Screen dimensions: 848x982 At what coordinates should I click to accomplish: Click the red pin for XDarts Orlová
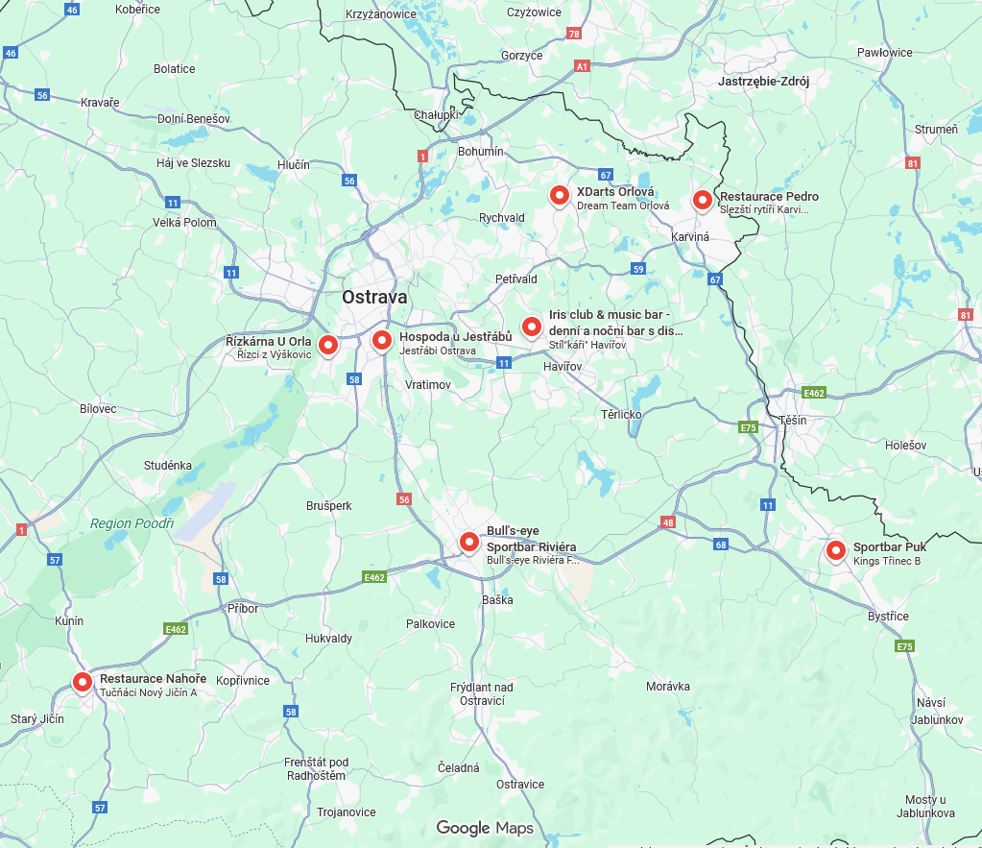(x=560, y=196)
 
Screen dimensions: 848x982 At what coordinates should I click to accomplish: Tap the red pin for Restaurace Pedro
(x=703, y=200)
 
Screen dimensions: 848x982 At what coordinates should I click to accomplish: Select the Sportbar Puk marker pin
(x=836, y=550)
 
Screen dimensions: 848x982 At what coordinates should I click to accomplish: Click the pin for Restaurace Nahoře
(x=83, y=682)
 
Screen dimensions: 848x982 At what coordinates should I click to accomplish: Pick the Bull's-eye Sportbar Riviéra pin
(x=469, y=543)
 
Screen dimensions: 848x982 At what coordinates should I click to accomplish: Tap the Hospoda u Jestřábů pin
(x=382, y=340)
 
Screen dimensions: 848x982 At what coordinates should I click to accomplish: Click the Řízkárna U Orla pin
(x=328, y=344)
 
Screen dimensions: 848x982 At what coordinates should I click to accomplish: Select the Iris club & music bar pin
(x=532, y=327)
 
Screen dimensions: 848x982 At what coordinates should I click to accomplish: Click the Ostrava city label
(x=374, y=298)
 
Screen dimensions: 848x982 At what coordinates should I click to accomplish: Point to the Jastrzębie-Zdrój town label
(x=763, y=82)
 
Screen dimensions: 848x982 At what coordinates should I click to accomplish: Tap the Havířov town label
(x=563, y=368)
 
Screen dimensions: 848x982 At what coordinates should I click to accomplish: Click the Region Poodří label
(x=132, y=523)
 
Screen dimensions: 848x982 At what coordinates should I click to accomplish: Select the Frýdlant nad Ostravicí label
(x=482, y=694)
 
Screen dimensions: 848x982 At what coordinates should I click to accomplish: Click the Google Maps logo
(x=485, y=828)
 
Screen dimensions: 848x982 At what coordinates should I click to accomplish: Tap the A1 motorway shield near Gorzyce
(x=582, y=66)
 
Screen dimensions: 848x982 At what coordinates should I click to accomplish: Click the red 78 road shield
(x=574, y=34)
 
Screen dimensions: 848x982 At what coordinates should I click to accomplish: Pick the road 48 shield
(x=667, y=522)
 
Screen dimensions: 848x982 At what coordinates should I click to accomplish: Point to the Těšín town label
(x=793, y=421)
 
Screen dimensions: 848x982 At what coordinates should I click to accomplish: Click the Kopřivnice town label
(x=243, y=680)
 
